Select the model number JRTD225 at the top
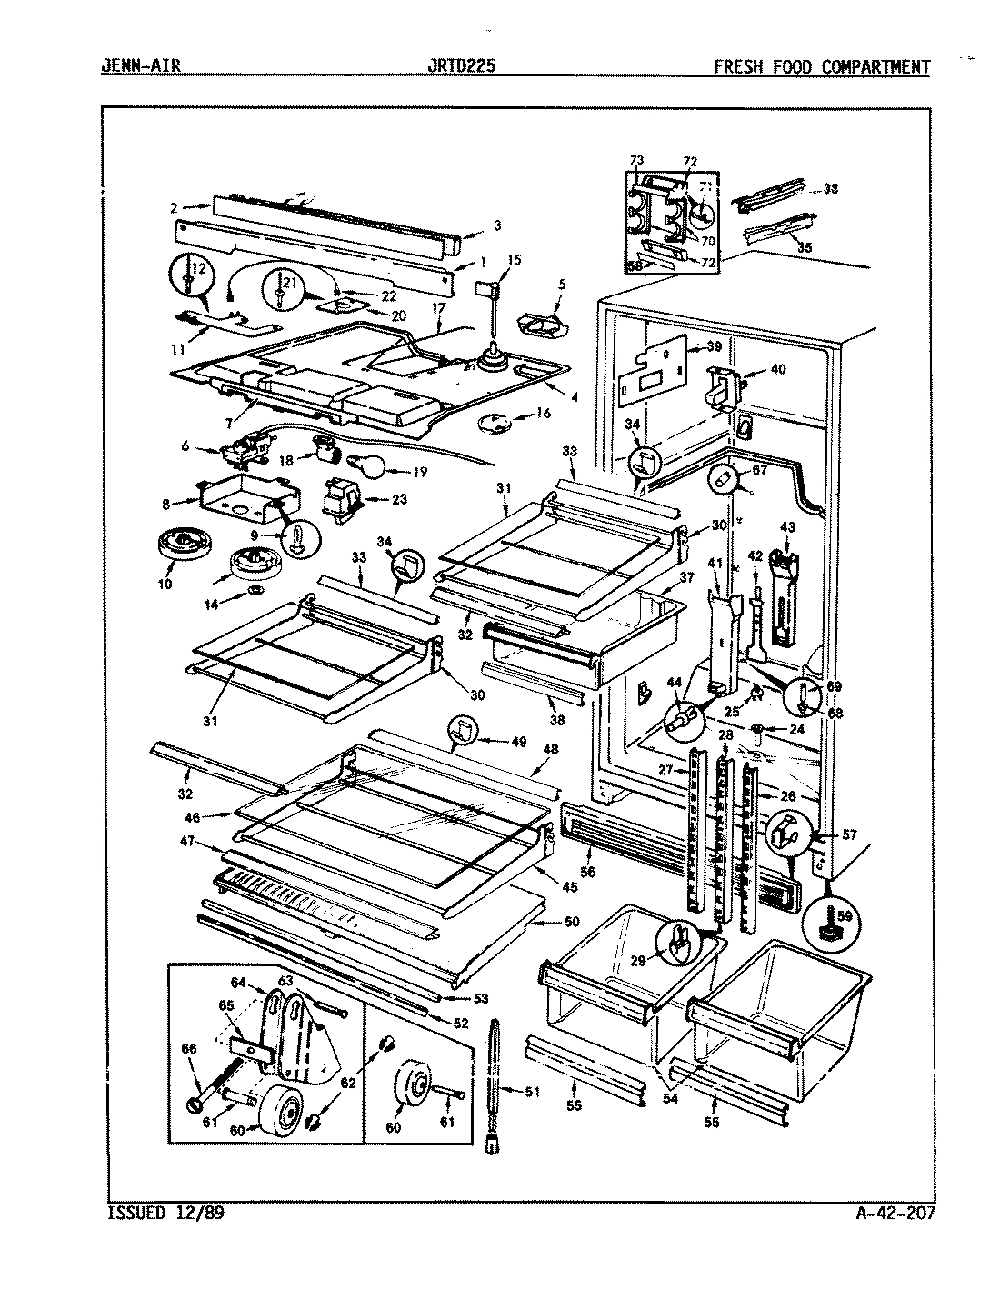(x=461, y=66)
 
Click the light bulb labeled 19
(x=374, y=467)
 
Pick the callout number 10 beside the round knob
(x=164, y=584)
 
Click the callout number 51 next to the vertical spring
(x=533, y=1092)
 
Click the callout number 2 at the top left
(x=173, y=207)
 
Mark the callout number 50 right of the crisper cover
(x=571, y=923)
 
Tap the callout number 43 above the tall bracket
(x=786, y=528)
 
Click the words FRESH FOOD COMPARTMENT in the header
(x=822, y=66)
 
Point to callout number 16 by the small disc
(x=544, y=412)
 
